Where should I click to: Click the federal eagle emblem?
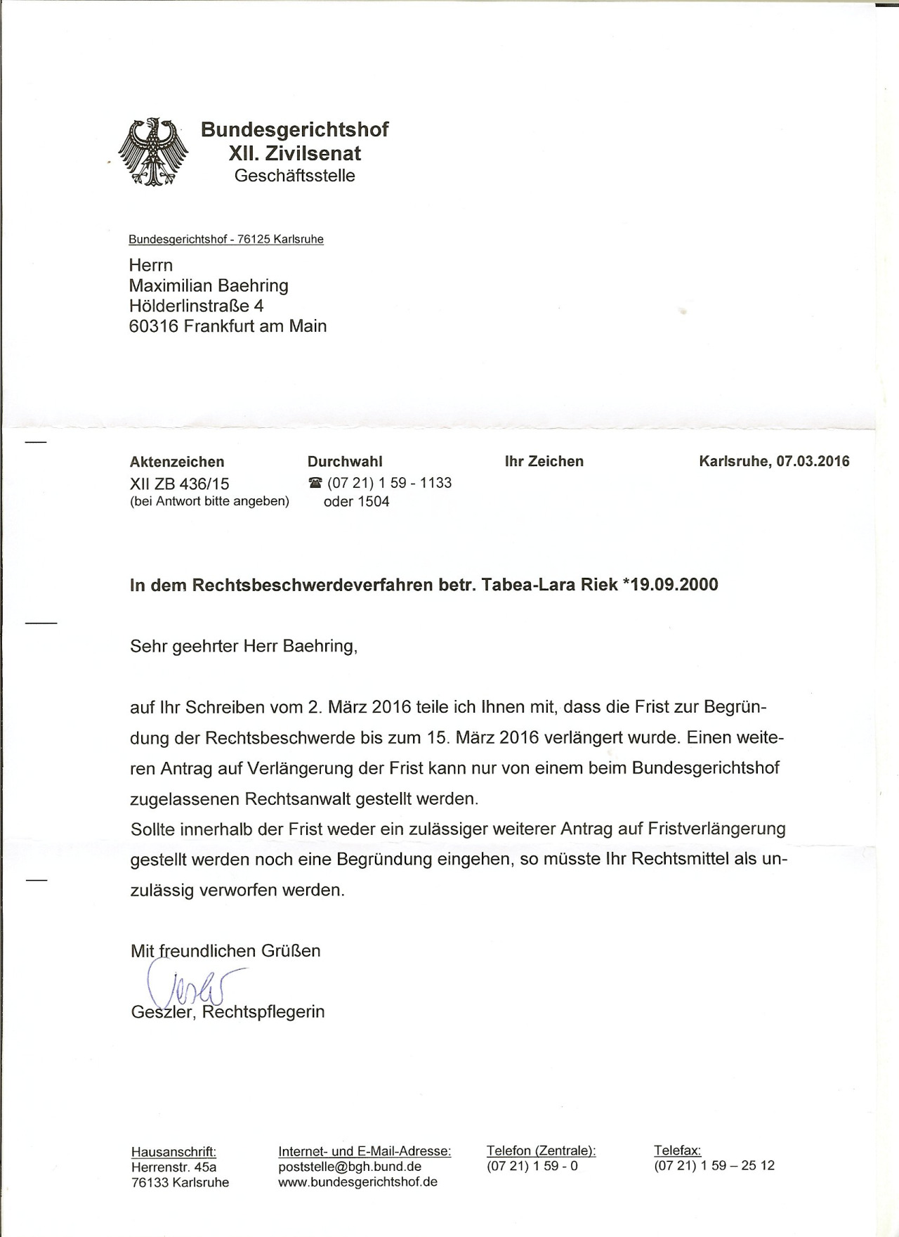(153, 152)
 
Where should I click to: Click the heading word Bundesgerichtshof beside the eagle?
(294, 129)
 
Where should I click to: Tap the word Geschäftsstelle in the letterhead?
(294, 176)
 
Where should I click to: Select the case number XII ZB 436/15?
(179, 484)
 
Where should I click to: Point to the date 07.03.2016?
(813, 462)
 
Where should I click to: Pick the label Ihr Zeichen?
(544, 462)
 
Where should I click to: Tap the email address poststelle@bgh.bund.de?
(350, 1167)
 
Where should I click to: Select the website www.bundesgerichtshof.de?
(357, 1182)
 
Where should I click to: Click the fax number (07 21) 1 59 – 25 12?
(714, 1165)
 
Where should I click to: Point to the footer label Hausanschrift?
(173, 1151)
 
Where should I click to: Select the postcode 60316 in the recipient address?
(154, 326)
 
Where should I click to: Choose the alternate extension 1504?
(373, 502)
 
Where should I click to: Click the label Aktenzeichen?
(177, 462)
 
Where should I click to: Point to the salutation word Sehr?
(148, 646)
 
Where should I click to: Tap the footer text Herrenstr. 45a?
(173, 1167)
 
